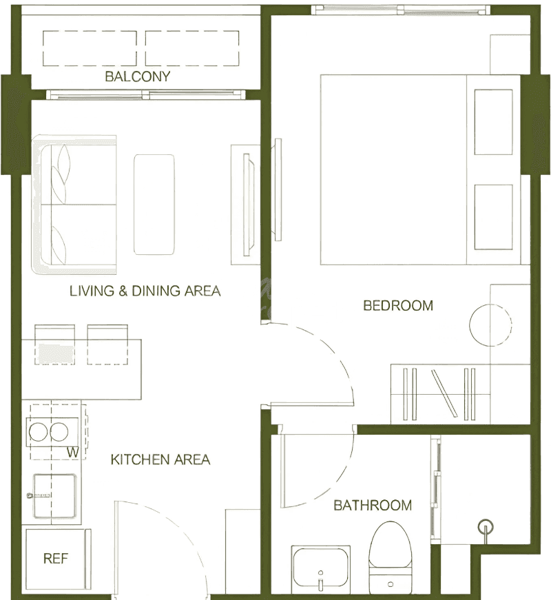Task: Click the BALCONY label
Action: (137, 76)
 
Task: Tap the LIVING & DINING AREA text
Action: (145, 291)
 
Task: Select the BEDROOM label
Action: (398, 305)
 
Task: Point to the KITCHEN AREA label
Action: (160, 459)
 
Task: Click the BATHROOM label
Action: (373, 505)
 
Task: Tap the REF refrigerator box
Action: (56, 559)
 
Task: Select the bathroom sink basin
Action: (321, 568)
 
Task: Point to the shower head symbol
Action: (486, 527)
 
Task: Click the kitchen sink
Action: (54, 496)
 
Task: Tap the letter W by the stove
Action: (73, 453)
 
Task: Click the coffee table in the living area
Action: (154, 205)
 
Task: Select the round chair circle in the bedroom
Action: (490, 325)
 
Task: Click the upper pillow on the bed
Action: (493, 122)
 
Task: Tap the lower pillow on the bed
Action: (493, 217)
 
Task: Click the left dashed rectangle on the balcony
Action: (90, 48)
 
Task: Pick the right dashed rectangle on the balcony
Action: (192, 48)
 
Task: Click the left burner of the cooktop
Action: (39, 432)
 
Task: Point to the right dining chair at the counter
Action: (107, 344)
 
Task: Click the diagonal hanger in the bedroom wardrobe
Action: (444, 393)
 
